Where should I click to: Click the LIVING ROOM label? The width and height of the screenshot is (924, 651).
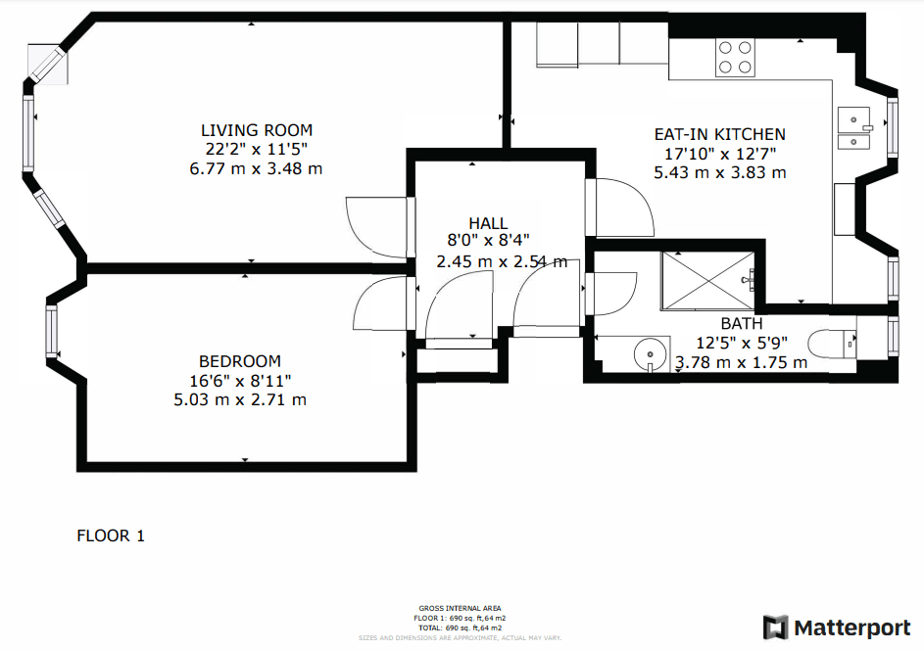tap(257, 130)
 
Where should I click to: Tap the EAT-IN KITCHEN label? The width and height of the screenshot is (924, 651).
tap(719, 134)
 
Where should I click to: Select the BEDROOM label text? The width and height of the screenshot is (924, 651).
tap(239, 361)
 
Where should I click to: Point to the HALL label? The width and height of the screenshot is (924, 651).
tap(488, 224)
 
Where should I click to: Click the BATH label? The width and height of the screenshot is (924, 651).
tap(741, 324)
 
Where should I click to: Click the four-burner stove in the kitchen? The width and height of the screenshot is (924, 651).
tap(735, 57)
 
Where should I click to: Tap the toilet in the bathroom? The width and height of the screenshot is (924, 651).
tap(832, 343)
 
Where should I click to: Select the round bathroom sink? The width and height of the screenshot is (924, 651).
tap(650, 353)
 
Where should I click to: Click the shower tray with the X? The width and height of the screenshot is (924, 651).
tap(708, 280)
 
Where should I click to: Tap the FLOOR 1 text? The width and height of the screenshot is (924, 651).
tap(111, 535)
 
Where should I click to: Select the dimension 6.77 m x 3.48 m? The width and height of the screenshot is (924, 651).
tap(256, 168)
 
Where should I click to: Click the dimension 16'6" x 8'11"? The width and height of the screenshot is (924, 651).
tap(240, 380)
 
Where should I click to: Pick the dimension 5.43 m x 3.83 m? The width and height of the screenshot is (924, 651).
tap(720, 172)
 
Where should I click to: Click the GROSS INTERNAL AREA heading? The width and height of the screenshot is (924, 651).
tap(461, 608)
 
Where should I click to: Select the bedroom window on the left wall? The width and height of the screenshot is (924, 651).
tap(51, 331)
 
